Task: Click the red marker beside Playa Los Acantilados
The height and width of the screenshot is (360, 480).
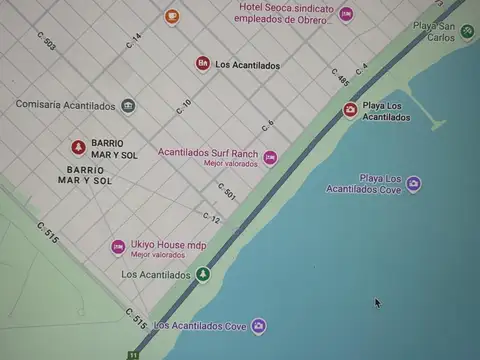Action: pyautogui.click(x=350, y=110)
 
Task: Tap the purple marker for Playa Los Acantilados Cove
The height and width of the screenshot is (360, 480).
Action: pyautogui.click(x=413, y=184)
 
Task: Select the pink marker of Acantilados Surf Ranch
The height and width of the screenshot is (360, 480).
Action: pyautogui.click(x=270, y=157)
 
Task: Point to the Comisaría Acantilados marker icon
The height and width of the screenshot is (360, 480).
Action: pyautogui.click(x=128, y=105)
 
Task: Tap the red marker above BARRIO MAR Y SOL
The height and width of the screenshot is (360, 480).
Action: pyautogui.click(x=78, y=147)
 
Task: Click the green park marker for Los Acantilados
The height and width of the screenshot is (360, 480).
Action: pyautogui.click(x=203, y=274)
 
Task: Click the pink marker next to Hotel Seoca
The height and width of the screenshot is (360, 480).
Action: pyautogui.click(x=346, y=15)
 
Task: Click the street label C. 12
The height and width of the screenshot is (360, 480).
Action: pyautogui.click(x=211, y=217)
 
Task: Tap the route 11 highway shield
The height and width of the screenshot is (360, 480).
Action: pyautogui.click(x=132, y=354)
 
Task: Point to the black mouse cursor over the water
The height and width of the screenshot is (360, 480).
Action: pyautogui.click(x=377, y=302)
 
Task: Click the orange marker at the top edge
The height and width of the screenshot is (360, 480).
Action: pyautogui.click(x=172, y=15)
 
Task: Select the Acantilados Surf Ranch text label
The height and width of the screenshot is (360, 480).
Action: pyautogui.click(x=208, y=153)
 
